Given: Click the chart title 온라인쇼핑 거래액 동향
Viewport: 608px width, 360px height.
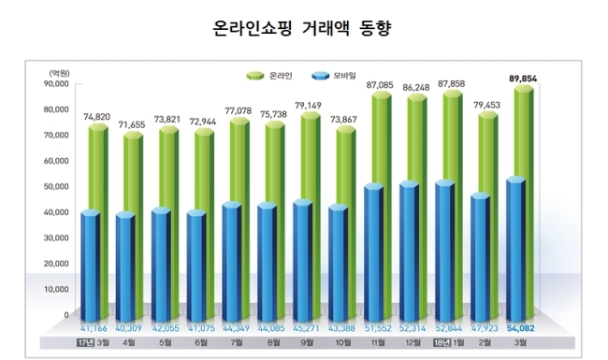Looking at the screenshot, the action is pyautogui.click(x=302, y=28).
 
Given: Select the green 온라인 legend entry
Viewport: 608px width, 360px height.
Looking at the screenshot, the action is pyautogui.click(x=269, y=76).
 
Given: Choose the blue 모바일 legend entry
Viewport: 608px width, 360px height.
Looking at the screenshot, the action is pyautogui.click(x=334, y=76).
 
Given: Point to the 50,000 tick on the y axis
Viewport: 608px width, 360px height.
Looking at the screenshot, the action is pyautogui.click(x=56, y=186).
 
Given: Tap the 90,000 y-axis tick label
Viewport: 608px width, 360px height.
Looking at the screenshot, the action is pyautogui.click(x=56, y=84).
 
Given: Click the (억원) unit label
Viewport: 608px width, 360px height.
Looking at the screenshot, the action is pyautogui.click(x=59, y=73).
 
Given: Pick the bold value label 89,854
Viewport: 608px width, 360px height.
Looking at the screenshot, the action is pyautogui.click(x=523, y=79).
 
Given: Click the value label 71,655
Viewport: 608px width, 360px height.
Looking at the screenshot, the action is pyautogui.click(x=132, y=124).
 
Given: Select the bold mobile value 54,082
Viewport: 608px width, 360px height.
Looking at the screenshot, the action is pyautogui.click(x=520, y=328).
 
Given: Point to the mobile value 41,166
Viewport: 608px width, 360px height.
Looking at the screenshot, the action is pyautogui.click(x=94, y=328).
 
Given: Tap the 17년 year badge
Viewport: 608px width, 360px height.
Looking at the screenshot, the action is pyautogui.click(x=86, y=343).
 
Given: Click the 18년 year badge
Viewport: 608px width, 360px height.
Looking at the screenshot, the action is pyautogui.click(x=442, y=343).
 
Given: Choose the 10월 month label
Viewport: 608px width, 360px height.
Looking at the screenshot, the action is pyautogui.click(x=342, y=343).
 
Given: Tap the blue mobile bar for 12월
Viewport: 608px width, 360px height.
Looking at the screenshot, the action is pyautogui.click(x=410, y=252).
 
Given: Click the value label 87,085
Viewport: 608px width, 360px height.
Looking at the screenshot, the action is pyautogui.click(x=380, y=85).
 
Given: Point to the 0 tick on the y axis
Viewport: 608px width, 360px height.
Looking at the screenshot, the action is pyautogui.click(x=66, y=315).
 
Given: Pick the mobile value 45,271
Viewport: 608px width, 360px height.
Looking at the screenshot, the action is pyautogui.click(x=306, y=328).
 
